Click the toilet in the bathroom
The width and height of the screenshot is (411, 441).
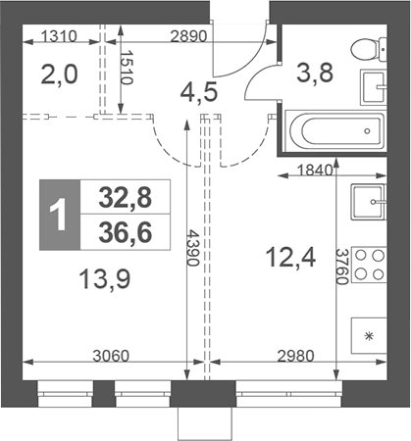(x=369, y=49)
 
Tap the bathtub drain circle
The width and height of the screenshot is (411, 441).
(x=367, y=131)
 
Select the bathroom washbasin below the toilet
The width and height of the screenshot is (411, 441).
(x=374, y=87)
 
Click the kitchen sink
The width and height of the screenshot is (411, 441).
(x=369, y=202)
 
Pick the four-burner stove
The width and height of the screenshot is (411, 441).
(x=369, y=265)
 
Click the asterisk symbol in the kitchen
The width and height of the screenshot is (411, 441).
(x=369, y=336)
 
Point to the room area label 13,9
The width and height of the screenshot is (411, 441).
(x=105, y=279)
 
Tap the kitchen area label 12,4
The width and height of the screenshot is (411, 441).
(x=290, y=257)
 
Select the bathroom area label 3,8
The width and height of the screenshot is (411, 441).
(x=315, y=73)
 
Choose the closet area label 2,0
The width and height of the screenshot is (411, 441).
(x=60, y=74)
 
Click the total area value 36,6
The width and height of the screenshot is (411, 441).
(x=126, y=233)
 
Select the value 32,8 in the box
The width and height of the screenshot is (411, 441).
(x=126, y=198)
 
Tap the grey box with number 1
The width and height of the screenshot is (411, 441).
(x=60, y=215)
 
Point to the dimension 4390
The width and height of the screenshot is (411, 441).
(x=193, y=248)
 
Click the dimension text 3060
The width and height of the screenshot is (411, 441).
(x=111, y=356)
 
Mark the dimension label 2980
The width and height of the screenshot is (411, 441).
(x=295, y=356)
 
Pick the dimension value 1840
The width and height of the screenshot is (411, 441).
(x=314, y=171)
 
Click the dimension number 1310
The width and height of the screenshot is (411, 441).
(x=59, y=36)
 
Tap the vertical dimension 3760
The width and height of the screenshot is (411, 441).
(x=342, y=267)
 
